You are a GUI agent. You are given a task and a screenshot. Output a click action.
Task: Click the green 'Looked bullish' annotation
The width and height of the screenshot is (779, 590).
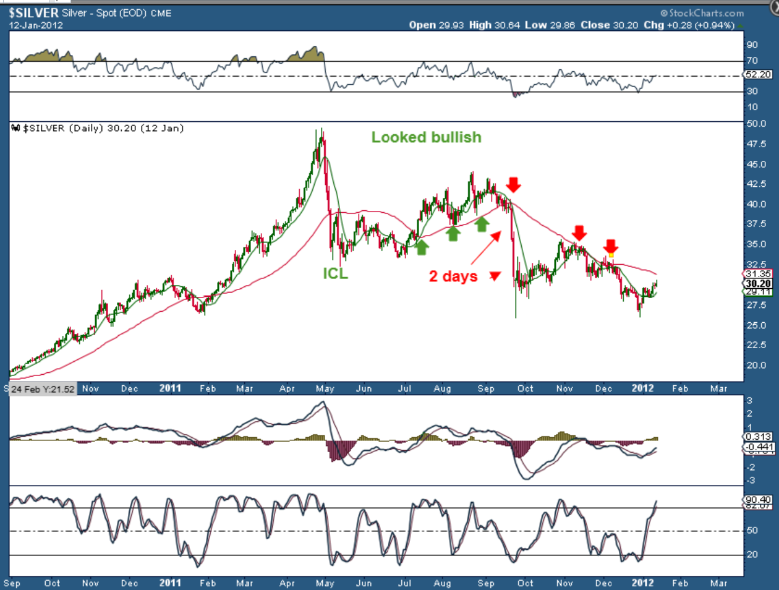(426, 137)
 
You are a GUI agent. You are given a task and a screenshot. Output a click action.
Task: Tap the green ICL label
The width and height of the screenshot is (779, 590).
(335, 273)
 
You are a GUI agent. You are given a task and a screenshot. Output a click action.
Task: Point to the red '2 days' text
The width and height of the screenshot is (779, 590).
(453, 276)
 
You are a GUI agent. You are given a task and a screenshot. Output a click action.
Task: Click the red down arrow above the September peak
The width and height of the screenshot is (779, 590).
(513, 184)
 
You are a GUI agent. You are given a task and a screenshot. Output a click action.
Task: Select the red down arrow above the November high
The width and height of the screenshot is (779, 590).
(579, 233)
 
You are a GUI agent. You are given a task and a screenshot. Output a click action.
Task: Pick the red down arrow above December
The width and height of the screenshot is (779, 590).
(611, 246)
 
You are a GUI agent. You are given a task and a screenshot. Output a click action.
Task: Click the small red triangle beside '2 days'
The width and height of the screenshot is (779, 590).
(495, 276)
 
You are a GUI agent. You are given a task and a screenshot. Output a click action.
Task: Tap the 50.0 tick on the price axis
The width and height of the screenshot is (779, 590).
(756, 124)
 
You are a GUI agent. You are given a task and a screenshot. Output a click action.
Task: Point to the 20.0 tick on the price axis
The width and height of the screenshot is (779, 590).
(756, 365)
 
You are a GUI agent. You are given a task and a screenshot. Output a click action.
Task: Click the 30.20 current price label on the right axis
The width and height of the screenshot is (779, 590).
(758, 284)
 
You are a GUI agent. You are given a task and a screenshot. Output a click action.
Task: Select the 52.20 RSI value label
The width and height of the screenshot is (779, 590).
(758, 74)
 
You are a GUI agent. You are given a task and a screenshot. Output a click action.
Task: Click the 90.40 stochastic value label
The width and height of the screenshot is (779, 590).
(758, 500)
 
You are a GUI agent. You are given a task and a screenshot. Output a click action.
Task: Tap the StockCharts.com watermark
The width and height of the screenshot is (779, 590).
(702, 13)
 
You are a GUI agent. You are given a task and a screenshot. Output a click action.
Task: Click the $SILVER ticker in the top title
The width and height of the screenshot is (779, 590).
(33, 13)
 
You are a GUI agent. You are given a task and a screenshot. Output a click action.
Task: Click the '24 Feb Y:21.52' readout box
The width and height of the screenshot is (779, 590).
(43, 389)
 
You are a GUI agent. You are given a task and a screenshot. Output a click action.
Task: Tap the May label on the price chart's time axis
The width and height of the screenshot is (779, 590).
(325, 388)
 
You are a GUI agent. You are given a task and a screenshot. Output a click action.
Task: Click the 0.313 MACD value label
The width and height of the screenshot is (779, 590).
(758, 437)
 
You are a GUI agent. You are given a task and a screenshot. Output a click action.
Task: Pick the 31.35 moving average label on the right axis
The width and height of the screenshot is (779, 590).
(758, 274)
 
